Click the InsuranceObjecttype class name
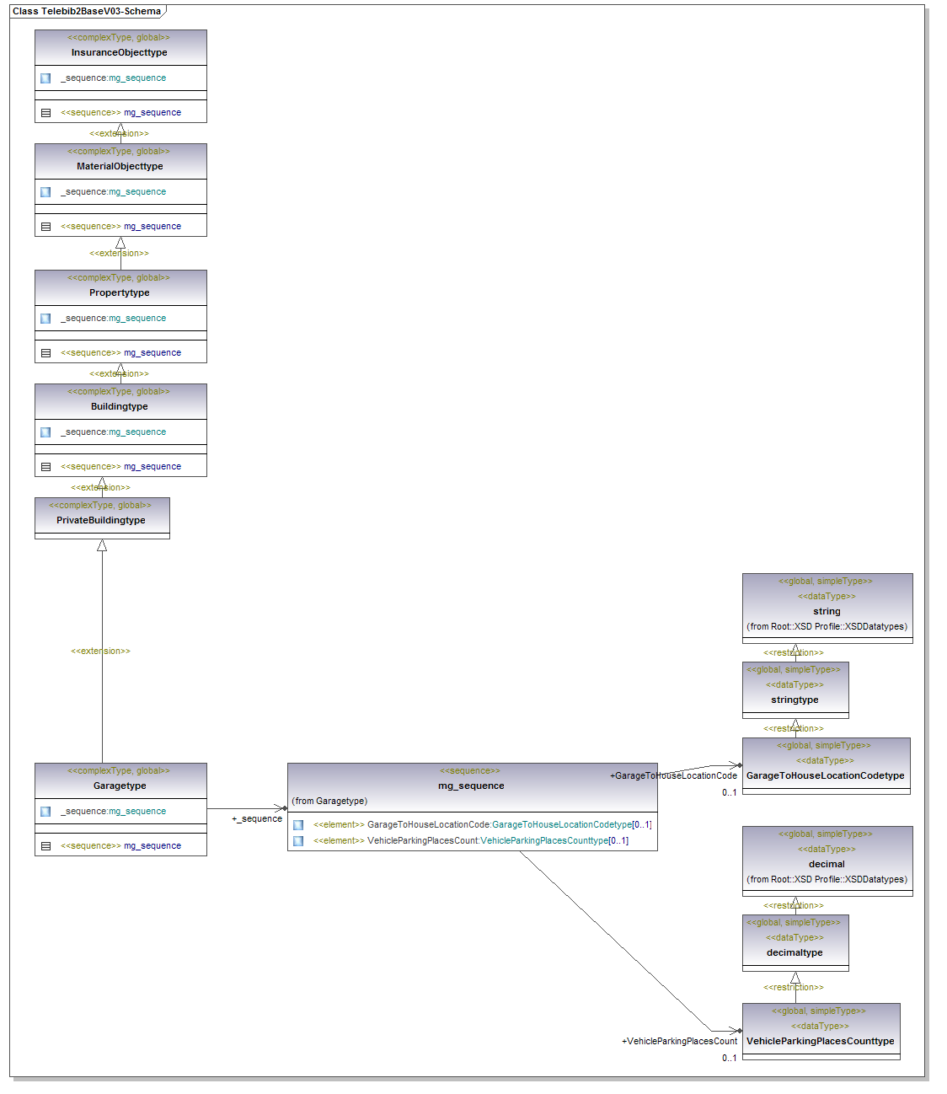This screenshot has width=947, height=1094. [x=119, y=52]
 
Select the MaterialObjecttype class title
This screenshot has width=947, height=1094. [x=120, y=166]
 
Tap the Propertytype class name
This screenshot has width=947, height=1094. [x=120, y=292]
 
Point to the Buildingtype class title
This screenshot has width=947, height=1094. [x=120, y=406]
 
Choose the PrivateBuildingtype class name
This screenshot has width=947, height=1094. [x=101, y=520]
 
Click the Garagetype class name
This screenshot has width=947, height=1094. [x=120, y=786]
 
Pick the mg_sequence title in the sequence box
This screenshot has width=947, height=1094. [x=471, y=786]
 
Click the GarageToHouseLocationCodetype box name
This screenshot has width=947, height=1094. [x=825, y=775]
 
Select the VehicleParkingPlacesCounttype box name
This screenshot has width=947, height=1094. [x=820, y=1041]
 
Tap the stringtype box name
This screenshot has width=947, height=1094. [x=795, y=700]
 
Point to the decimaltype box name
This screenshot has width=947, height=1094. [x=795, y=952]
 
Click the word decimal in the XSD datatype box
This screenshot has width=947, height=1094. [x=827, y=864]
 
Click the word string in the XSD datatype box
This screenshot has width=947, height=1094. [x=827, y=611]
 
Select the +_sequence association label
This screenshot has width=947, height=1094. [x=257, y=818]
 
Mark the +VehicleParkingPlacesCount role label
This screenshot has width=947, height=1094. [x=679, y=1041]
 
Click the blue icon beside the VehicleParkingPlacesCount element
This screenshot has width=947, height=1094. [x=298, y=841]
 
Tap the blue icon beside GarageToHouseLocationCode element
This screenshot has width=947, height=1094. [x=298, y=825]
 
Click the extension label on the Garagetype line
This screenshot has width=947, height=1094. [x=100, y=651]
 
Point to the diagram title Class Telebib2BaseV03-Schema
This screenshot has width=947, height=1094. [x=86, y=11]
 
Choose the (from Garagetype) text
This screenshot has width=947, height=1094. [x=329, y=801]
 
